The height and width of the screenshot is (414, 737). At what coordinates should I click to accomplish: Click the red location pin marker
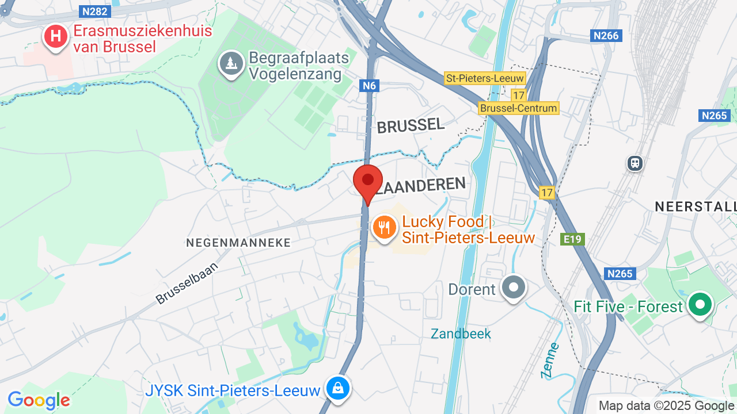point(367,182)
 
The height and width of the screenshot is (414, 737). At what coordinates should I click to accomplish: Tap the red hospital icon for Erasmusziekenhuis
point(56,37)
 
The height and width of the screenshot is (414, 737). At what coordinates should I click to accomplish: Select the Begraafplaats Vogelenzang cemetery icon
point(232,63)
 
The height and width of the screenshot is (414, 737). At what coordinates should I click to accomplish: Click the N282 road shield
point(95,11)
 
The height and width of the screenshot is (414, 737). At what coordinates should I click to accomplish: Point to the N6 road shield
point(369,86)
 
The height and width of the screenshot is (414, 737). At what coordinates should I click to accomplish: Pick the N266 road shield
point(606,36)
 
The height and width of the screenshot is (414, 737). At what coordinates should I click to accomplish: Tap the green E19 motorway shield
point(573,239)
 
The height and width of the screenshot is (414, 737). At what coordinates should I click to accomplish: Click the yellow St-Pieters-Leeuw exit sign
point(485,78)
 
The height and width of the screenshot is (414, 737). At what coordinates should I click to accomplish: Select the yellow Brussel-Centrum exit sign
point(518,108)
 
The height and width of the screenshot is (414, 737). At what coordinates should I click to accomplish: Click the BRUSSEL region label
point(411,125)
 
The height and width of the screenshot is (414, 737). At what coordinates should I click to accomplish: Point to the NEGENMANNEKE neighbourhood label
point(238,243)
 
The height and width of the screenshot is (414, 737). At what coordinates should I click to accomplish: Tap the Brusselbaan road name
point(187,283)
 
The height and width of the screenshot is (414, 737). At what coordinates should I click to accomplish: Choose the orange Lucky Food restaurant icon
point(383,228)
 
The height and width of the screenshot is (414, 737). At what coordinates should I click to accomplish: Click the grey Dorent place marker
point(513,287)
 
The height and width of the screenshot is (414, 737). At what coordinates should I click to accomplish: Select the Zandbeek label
point(461,333)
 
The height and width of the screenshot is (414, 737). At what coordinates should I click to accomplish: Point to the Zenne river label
point(550,361)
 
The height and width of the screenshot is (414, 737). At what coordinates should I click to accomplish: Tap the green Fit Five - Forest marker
point(700,305)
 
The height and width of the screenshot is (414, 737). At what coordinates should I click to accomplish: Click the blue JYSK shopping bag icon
point(338,388)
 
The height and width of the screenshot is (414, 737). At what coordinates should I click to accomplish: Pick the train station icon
point(635,163)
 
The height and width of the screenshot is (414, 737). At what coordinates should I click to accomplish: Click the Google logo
point(39,401)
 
